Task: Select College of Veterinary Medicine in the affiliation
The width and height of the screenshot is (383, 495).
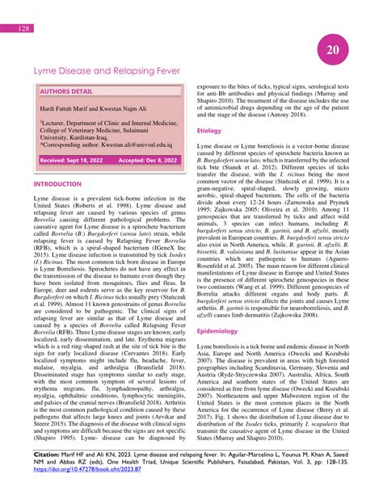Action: (83, 131)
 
